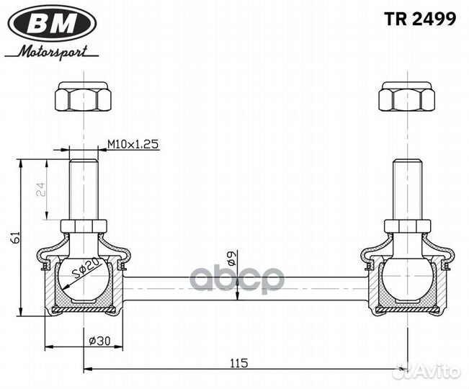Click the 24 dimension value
[x=41, y=189]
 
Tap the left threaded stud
[x=84, y=189]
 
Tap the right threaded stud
[x=407, y=189]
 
